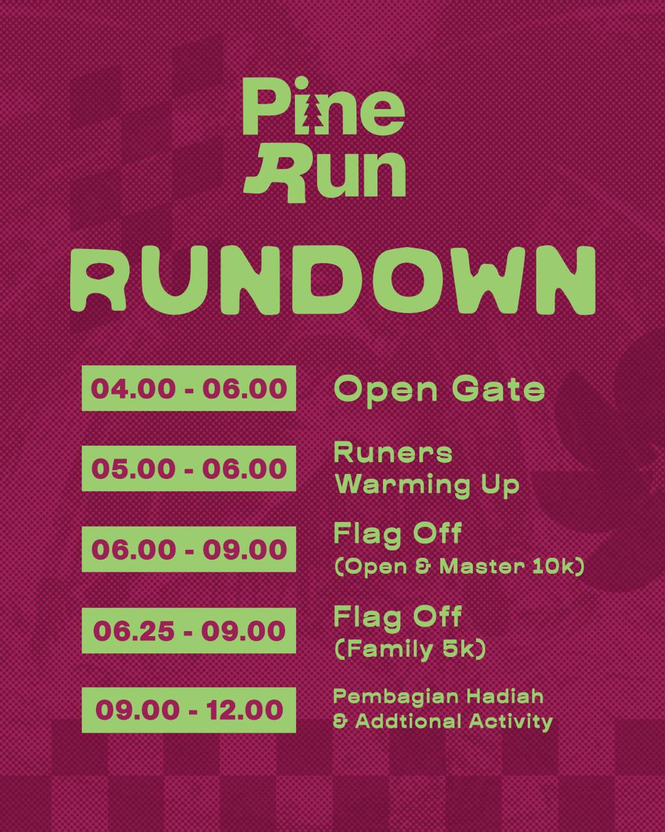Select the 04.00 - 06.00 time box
click(189, 388)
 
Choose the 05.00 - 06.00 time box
click(189, 468)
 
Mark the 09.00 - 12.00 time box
click(189, 710)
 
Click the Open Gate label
click(440, 391)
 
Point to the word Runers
click(393, 453)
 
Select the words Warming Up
click(427, 485)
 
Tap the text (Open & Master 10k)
click(459, 567)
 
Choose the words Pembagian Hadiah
click(438, 697)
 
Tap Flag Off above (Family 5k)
click(397, 616)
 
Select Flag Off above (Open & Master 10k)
click(397, 534)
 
